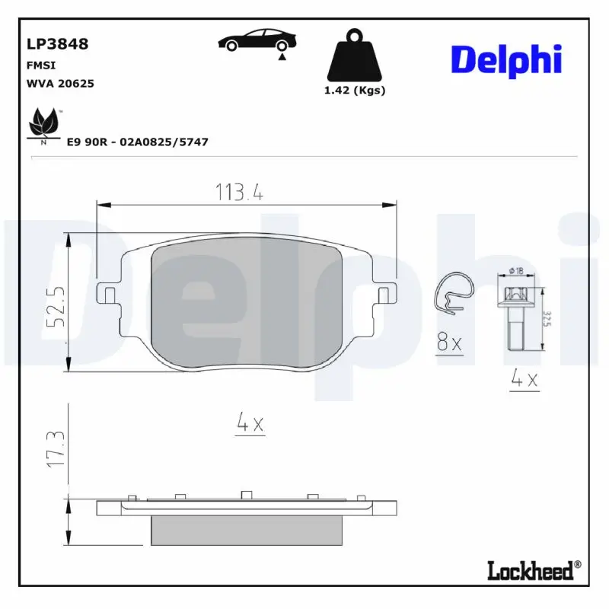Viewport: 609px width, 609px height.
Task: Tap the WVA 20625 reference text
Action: [x=60, y=84]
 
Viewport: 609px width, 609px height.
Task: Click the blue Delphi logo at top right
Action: [x=506, y=59]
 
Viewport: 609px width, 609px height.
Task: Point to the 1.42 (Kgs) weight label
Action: [x=355, y=90]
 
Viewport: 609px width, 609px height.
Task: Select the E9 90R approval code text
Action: [x=138, y=142]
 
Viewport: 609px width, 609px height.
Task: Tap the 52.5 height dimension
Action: [x=55, y=305]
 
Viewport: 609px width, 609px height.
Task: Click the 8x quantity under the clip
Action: [x=449, y=344]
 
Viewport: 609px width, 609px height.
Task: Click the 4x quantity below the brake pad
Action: [x=250, y=425]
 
